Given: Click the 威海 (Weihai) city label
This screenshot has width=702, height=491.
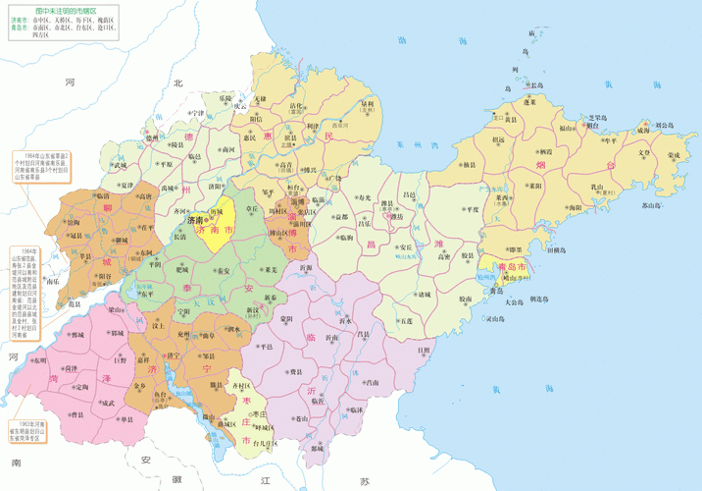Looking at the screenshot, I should tap(641, 129).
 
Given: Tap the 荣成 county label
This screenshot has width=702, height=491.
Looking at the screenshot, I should tap(674, 154).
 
